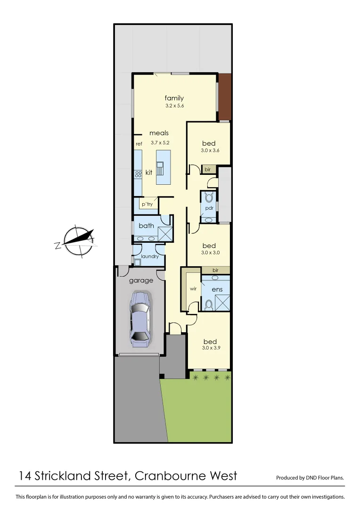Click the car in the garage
coord(140,319)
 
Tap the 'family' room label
coord(174,98)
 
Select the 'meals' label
coord(159,133)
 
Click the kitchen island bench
coord(163,168)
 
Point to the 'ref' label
coord(139,144)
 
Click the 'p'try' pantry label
coord(147,204)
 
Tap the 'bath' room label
coord(146,226)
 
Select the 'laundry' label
coord(150,256)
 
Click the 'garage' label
coord(141,280)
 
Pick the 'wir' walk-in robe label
coord(193,288)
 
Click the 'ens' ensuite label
coord(217,289)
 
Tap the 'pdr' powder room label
coord(209,207)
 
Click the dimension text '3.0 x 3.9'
coord(210,349)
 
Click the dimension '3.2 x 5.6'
coord(174,106)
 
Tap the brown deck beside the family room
coord(225,97)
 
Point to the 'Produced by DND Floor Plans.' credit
coord(310,478)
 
